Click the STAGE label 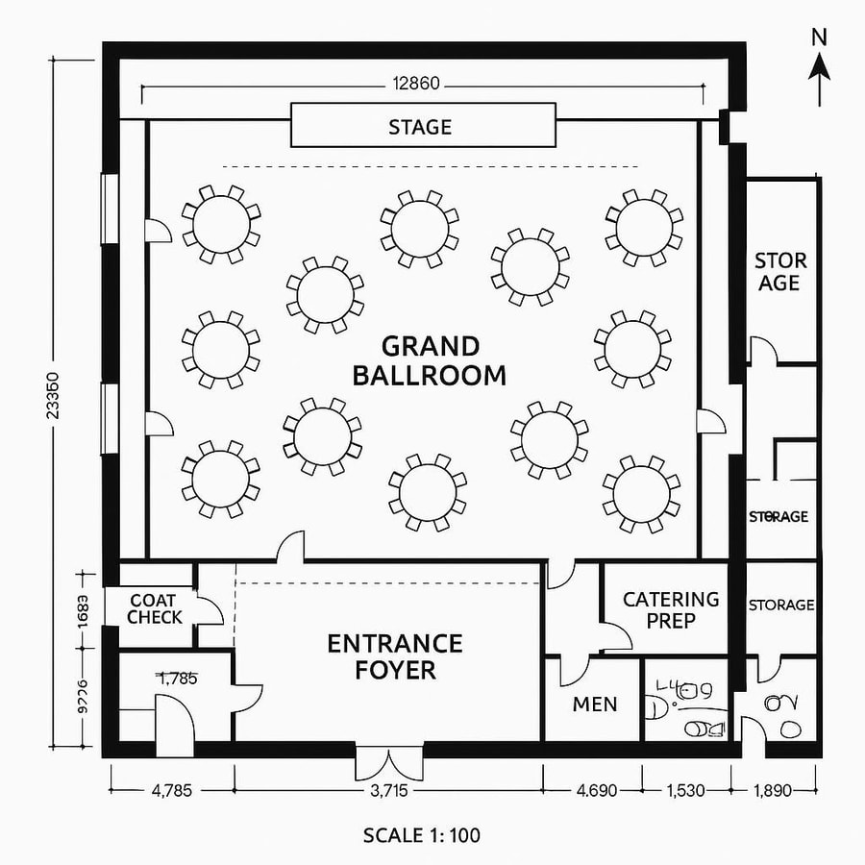click(x=420, y=127)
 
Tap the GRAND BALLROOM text click(x=429, y=360)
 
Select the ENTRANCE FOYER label click(x=395, y=655)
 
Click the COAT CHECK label click(x=154, y=609)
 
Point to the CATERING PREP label click(x=671, y=609)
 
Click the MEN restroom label click(x=595, y=704)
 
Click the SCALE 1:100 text click(x=422, y=834)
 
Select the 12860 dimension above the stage click(x=416, y=84)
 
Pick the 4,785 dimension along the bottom click(x=172, y=791)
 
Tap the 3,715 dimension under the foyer click(x=388, y=791)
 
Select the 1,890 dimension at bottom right click(x=774, y=791)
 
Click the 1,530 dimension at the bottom click(x=683, y=791)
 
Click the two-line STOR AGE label click(x=779, y=272)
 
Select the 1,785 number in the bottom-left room click(x=178, y=679)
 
